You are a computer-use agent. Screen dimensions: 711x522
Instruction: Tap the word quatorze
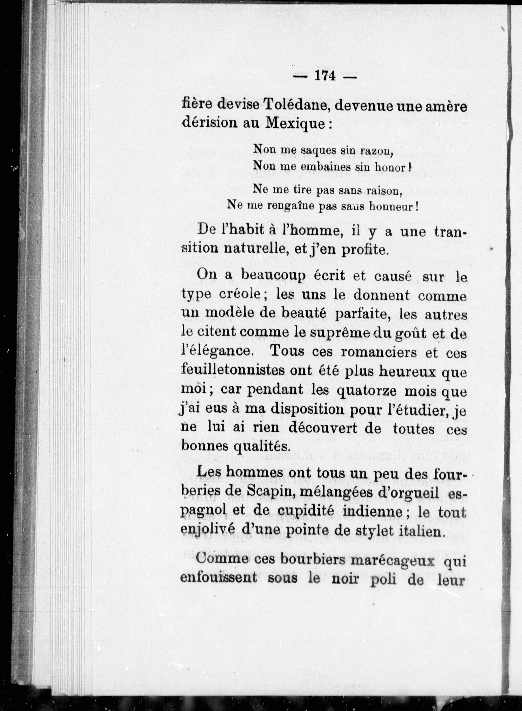pyautogui.click(x=369, y=392)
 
